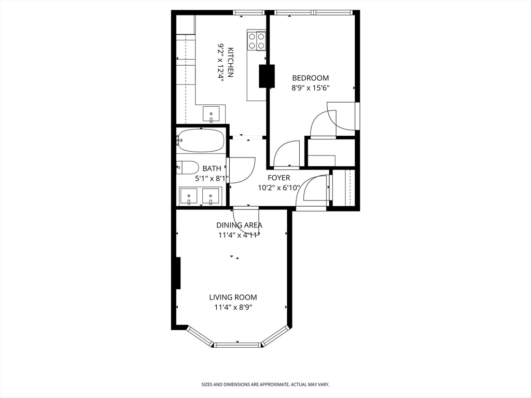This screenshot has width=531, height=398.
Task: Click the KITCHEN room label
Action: click(230, 62)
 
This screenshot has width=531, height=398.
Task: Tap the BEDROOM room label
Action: click(311, 78)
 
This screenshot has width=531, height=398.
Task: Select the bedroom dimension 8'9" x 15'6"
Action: click(311, 88)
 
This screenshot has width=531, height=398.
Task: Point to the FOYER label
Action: click(278, 178)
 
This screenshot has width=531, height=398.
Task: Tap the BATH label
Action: click(212, 168)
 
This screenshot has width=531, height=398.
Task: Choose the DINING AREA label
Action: click(239, 225)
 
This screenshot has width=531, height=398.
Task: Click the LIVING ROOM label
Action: click(233, 297)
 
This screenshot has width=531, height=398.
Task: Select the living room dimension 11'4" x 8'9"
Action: click(233, 308)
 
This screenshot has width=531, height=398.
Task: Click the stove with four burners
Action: click(257, 40)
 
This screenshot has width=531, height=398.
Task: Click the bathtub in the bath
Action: click(201, 140)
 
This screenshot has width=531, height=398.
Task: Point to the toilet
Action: click(188, 167)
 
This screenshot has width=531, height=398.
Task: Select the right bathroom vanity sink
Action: click(211, 196)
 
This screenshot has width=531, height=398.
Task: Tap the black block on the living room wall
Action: click(178, 273)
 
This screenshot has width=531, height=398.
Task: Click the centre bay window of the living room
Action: click(237, 345)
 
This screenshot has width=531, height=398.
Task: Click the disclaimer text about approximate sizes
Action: click(265, 385)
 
